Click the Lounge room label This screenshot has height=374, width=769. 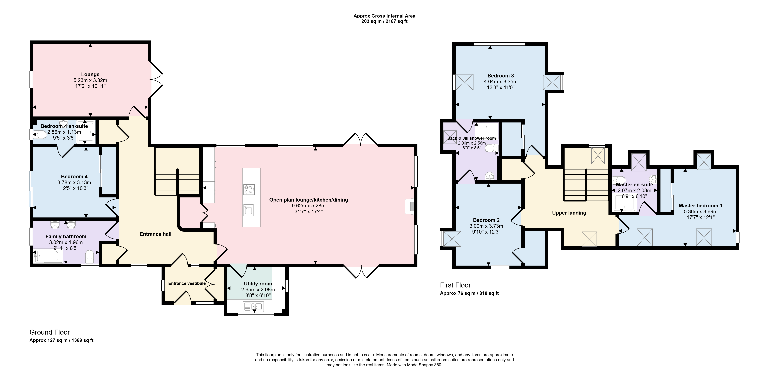(90, 74)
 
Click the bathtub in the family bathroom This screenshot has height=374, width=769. (48, 256)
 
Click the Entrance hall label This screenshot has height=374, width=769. (155, 234)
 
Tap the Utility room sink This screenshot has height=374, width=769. (253, 306)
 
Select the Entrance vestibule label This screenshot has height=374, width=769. (187, 283)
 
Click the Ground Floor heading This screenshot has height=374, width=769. (50, 332)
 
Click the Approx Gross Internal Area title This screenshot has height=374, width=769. (384, 16)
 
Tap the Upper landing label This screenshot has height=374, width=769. (569, 213)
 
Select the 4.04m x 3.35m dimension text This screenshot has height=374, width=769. (501, 82)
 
